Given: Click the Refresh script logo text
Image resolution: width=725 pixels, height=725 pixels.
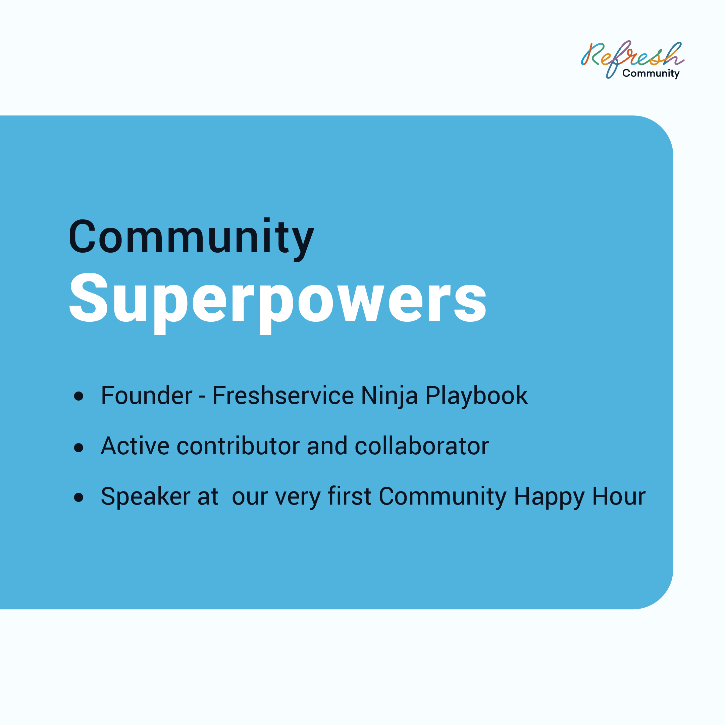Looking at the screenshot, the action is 633,56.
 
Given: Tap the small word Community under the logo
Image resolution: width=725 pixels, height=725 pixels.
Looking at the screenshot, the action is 651,73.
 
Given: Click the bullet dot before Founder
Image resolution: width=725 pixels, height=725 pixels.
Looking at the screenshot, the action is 79,396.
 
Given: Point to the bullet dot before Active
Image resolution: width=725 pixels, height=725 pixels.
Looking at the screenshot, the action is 79,447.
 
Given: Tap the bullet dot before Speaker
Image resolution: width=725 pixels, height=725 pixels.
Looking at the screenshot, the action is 79,497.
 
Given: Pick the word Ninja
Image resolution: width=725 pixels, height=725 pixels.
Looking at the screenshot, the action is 389,397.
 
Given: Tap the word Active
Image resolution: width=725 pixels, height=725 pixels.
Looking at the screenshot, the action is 135,446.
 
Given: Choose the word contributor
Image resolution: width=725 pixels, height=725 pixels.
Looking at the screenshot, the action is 238,446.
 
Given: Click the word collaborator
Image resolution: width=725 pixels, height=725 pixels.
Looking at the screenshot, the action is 422,446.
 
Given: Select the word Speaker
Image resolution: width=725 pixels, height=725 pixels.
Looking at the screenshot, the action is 146,497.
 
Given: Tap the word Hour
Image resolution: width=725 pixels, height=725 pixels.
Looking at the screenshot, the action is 619,497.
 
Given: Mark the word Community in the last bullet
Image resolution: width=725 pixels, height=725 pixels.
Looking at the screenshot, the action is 443,498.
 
